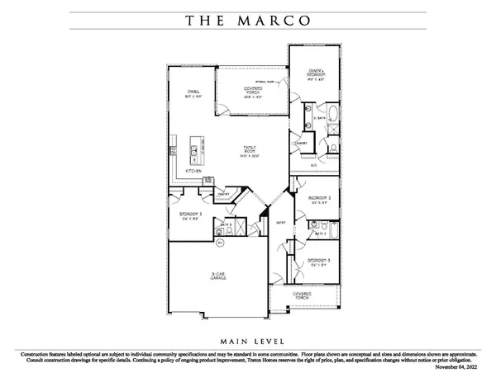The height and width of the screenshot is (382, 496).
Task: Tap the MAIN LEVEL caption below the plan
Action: coord(248,339)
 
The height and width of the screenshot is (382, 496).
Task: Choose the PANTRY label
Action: coord(222,195)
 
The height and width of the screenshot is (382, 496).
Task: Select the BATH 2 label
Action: coord(320,233)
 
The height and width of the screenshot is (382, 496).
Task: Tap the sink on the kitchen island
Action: coord(192,150)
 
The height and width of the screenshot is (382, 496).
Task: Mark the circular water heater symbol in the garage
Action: coord(220,243)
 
